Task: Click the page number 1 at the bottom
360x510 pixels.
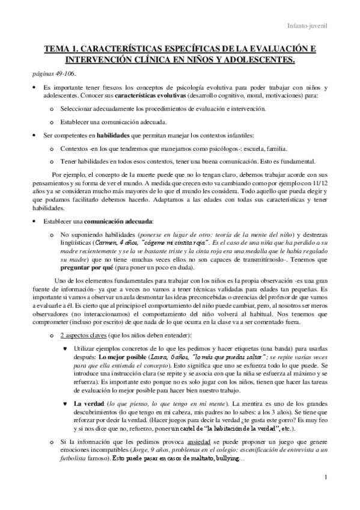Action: pos(324,494)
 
